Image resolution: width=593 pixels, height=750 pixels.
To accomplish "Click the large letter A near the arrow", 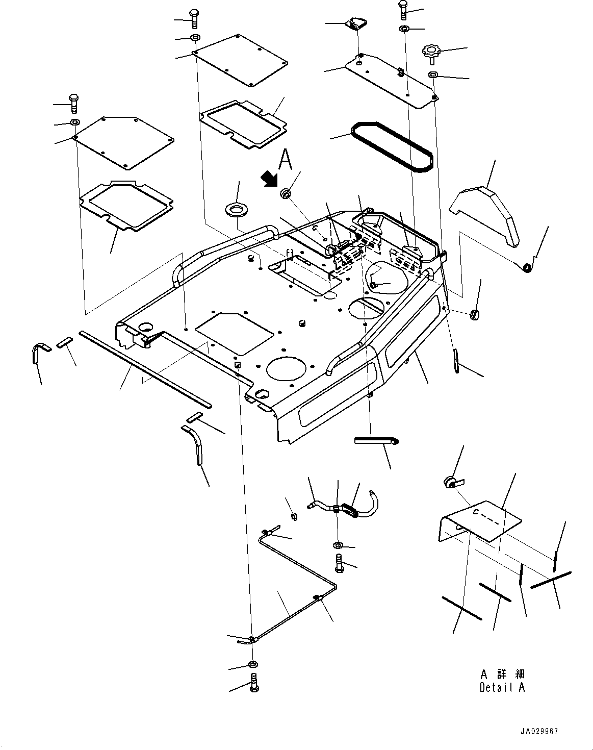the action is coord(286,159).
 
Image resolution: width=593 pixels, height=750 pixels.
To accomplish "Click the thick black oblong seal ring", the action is coord(392,147).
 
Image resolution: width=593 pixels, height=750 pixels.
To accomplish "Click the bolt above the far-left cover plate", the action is coord(73,103).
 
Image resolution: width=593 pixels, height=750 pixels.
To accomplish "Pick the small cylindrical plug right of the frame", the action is coord(475,314).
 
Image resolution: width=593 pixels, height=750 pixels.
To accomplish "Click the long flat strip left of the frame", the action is coord(145,369).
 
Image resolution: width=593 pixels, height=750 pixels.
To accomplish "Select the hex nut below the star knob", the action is coord(433,74).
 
